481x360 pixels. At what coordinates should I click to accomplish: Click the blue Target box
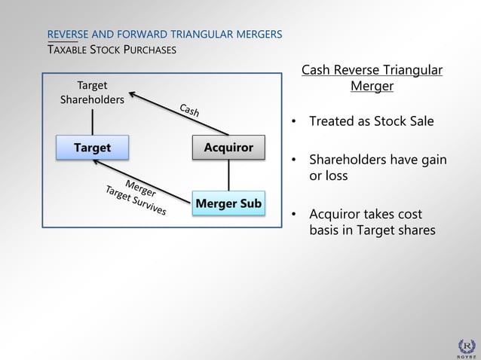(92, 148)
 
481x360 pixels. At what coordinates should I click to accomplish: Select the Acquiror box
(228, 148)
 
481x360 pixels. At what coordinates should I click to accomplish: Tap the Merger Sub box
(228, 203)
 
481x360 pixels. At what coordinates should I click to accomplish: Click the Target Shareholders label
(92, 93)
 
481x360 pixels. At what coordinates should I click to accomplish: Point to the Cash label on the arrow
(189, 111)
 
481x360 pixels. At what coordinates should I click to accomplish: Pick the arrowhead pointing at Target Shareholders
(133, 95)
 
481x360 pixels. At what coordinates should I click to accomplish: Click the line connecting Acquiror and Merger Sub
(228, 175)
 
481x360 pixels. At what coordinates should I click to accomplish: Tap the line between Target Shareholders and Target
(93, 121)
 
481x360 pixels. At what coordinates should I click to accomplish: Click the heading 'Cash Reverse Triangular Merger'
(372, 78)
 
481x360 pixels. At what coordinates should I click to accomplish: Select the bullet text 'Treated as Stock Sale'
(371, 121)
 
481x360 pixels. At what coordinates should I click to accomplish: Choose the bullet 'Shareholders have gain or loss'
(378, 168)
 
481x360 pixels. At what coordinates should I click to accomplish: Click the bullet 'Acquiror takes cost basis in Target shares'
(372, 222)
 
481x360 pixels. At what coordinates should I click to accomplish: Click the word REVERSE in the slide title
(68, 35)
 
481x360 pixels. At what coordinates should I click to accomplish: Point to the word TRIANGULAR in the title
(201, 35)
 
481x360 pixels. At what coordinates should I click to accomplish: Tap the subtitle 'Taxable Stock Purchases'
(112, 50)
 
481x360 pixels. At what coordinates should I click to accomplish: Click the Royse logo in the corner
(467, 346)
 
